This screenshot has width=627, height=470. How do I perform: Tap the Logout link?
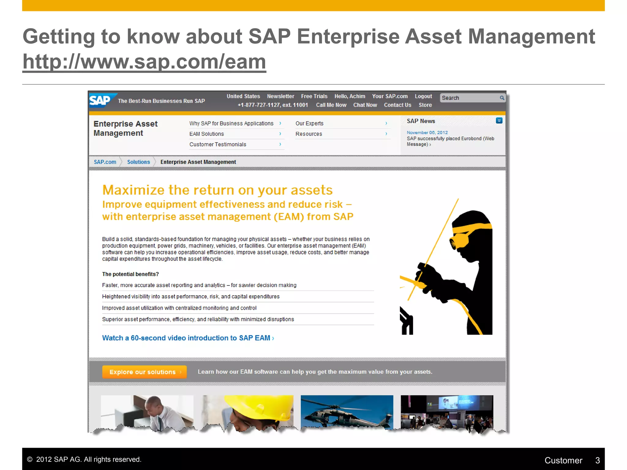tap(423, 96)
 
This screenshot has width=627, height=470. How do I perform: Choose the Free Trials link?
tap(314, 96)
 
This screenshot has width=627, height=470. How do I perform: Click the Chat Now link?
tap(365, 105)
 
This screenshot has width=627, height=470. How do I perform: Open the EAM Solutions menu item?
tap(207, 134)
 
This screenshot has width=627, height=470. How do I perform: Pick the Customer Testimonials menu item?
tap(218, 144)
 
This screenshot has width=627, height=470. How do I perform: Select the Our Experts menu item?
tap(309, 123)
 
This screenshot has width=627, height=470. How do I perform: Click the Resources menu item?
tap(309, 134)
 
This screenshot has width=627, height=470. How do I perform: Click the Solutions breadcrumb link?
tap(138, 162)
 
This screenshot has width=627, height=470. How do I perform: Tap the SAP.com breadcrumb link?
tap(105, 162)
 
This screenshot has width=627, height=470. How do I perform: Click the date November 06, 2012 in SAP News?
tap(427, 132)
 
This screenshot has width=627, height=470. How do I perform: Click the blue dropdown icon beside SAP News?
tap(499, 121)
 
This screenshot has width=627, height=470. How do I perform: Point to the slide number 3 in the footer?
tap(597, 460)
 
